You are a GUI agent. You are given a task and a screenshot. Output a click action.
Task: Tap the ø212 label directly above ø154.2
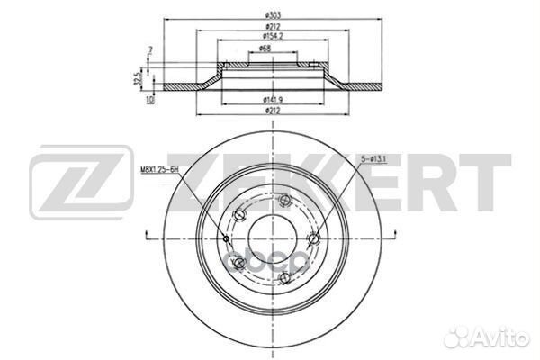pos(271,27)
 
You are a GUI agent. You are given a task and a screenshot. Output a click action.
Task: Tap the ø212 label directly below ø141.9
pos(271,110)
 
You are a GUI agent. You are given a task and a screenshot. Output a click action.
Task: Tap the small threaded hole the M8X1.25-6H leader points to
pos(225,238)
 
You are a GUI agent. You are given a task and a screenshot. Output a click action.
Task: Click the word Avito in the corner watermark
pos(506,339)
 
